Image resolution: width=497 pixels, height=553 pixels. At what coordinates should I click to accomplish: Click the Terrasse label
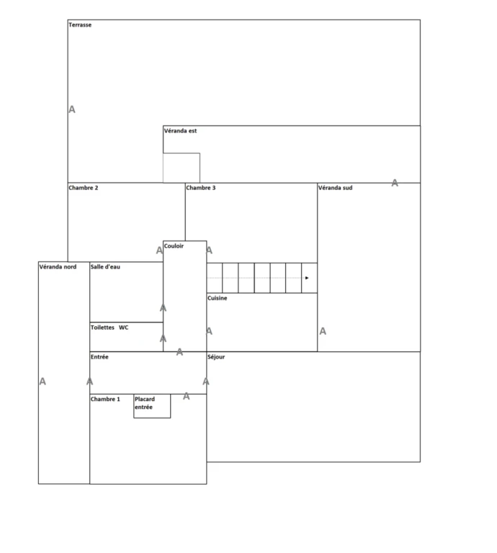(x=80, y=24)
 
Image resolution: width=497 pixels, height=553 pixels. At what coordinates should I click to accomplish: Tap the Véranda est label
(x=180, y=131)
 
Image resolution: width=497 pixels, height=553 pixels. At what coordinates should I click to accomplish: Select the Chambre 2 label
(x=84, y=188)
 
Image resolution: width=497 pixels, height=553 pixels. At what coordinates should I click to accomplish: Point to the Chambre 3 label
(x=201, y=188)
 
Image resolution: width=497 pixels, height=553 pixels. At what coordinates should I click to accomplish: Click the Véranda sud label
(x=335, y=188)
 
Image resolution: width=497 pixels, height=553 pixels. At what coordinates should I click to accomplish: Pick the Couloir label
(x=174, y=246)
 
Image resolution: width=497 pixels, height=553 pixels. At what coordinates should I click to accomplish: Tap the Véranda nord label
(x=58, y=266)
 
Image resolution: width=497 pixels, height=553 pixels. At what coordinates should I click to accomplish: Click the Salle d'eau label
(x=105, y=266)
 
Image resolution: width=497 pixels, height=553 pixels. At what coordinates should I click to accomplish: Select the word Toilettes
(x=103, y=328)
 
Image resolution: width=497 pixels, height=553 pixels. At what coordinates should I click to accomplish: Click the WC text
(x=123, y=328)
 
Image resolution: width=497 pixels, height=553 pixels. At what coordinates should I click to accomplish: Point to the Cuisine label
(x=218, y=298)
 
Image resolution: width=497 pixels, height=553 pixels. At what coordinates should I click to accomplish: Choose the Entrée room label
(x=99, y=357)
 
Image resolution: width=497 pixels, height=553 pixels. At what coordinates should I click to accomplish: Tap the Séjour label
(x=216, y=357)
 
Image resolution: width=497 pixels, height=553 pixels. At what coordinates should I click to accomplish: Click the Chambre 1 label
(x=105, y=399)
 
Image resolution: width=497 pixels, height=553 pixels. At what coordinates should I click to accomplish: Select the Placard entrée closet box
(x=152, y=406)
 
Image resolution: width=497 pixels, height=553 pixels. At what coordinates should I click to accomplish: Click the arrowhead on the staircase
(x=307, y=278)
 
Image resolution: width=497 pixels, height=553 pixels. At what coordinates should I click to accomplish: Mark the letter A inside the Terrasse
(x=72, y=109)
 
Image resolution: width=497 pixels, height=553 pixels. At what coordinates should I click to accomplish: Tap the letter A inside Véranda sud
(x=323, y=331)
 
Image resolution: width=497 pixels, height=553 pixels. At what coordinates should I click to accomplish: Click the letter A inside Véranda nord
(x=42, y=381)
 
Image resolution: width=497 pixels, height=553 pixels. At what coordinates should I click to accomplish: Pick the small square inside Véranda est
(x=182, y=168)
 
